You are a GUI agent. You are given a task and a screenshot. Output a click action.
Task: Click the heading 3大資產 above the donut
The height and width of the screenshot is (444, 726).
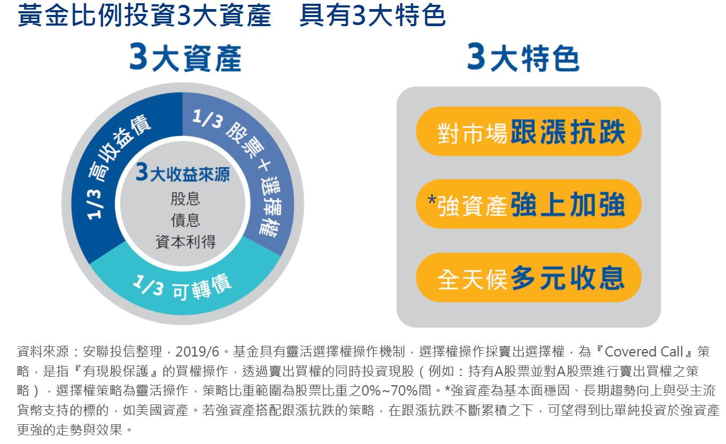185,58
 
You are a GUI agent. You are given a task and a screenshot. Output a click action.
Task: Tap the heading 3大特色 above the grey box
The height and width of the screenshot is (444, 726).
523,58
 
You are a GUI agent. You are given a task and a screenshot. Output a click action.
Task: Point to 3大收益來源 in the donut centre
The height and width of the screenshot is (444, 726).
182,173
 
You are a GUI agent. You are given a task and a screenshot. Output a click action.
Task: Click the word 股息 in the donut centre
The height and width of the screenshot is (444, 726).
186,199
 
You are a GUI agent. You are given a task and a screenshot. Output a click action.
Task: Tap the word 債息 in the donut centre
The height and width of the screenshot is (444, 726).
186,220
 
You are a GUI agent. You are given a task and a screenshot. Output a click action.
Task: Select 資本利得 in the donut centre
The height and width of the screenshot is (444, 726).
186,242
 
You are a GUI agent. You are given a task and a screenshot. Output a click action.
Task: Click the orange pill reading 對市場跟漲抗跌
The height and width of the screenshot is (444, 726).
529,131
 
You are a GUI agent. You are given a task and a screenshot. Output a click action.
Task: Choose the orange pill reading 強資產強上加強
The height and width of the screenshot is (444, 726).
529,204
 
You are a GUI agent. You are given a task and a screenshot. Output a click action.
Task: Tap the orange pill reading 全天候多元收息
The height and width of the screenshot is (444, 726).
529,277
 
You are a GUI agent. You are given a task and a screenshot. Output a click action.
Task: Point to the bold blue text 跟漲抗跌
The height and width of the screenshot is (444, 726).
568,131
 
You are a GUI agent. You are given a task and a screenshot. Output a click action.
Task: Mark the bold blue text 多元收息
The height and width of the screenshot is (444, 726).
568,277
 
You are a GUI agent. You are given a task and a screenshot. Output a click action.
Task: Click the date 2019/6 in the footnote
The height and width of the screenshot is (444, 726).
197,352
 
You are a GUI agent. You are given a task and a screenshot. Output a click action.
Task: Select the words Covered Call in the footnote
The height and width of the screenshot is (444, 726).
644,352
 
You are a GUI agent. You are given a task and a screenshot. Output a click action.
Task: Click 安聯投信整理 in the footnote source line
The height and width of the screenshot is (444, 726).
122,352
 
